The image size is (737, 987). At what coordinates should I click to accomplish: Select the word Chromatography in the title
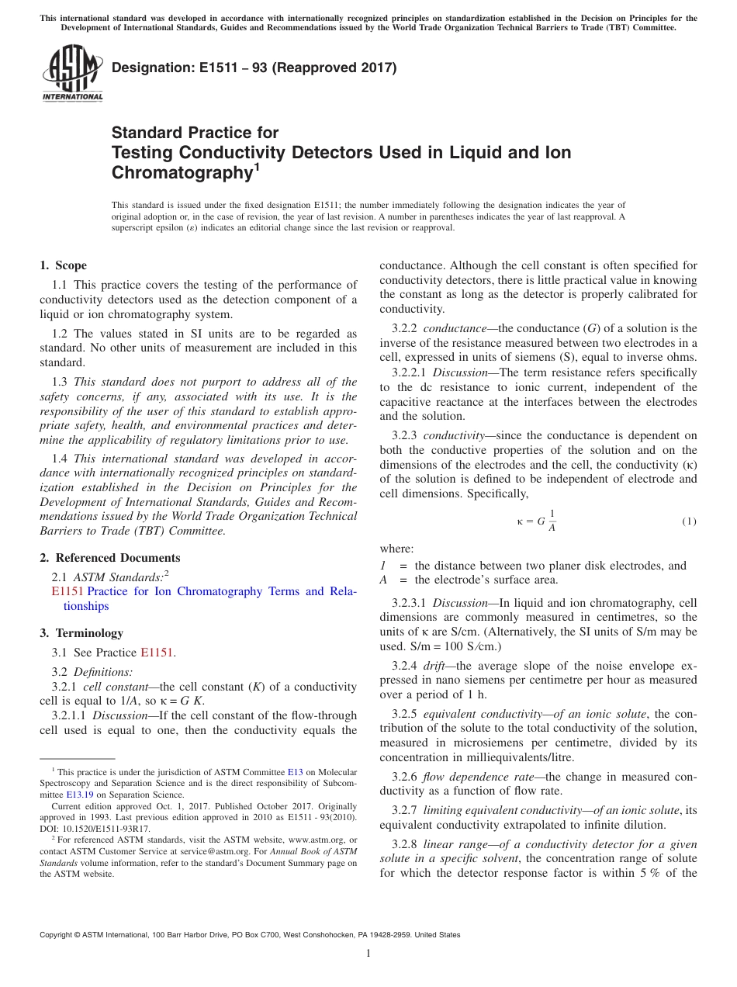coord(182,172)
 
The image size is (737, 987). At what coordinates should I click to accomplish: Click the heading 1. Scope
coord(64,265)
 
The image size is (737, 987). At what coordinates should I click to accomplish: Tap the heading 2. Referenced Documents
coord(110,558)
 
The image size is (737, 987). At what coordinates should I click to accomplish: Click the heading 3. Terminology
coord(81,633)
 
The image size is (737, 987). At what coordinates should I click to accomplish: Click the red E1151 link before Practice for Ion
coord(67,591)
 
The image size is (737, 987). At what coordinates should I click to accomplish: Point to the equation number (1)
coord(689,521)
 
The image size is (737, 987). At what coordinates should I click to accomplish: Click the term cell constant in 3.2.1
coord(112,687)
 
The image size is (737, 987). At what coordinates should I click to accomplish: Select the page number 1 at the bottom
coord(368,954)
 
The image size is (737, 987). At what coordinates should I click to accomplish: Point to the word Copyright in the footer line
coord(58,935)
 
